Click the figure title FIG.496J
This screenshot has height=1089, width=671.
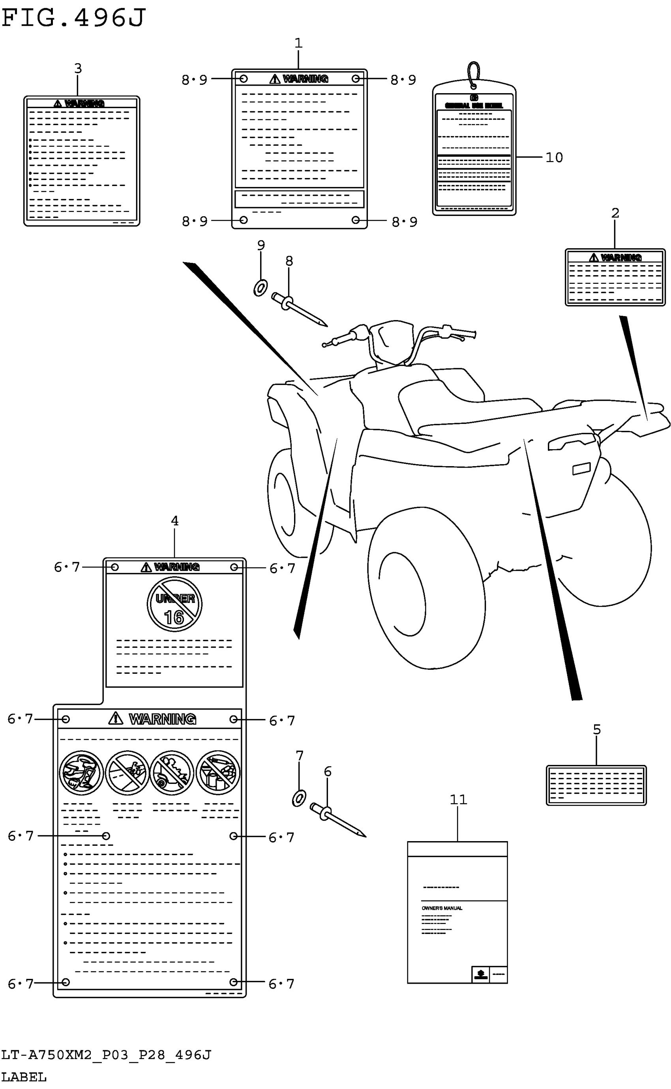[73, 18]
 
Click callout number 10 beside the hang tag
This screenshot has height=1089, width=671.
[554, 157]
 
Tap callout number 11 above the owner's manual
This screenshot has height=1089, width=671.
[458, 800]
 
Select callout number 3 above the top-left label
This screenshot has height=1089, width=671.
[78, 68]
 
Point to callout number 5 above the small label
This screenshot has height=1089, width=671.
[596, 729]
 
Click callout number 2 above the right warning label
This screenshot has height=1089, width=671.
[615, 213]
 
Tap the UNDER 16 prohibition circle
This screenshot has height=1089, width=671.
[174, 604]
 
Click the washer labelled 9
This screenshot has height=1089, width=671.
[261, 288]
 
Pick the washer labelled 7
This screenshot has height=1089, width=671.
[299, 799]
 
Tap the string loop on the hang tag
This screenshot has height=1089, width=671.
[474, 73]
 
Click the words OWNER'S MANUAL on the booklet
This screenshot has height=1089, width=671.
[442, 908]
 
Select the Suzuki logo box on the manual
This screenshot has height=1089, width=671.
[480, 975]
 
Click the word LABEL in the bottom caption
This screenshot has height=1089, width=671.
[24, 1077]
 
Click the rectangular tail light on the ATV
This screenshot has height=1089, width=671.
[581, 469]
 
